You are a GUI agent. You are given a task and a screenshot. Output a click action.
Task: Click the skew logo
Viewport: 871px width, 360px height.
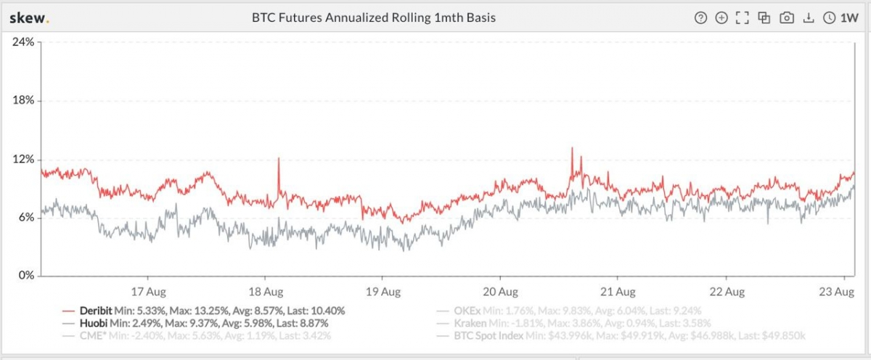[29, 18]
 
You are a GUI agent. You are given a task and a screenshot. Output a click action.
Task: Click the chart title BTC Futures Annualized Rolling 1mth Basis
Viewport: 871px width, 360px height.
[373, 18]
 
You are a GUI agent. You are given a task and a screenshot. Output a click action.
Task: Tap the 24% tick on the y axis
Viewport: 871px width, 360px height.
[23, 42]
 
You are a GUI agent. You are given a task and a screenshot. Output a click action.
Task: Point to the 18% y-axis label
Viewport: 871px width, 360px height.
[23, 100]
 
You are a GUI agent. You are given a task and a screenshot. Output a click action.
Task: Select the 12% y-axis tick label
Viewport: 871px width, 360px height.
[23, 159]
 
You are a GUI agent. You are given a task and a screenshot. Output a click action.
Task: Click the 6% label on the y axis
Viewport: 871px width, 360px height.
[25, 217]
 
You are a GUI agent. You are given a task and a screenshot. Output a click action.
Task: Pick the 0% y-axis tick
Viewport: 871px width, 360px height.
[25, 276]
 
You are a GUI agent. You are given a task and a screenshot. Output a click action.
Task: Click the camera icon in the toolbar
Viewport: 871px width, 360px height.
[786, 18]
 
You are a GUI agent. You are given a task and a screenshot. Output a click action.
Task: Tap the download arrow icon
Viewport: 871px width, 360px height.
[808, 18]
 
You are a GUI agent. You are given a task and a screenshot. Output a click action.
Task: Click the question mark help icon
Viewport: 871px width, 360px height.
[700, 18]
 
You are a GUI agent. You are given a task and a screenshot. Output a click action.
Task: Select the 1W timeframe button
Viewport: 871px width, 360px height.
[841, 18]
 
